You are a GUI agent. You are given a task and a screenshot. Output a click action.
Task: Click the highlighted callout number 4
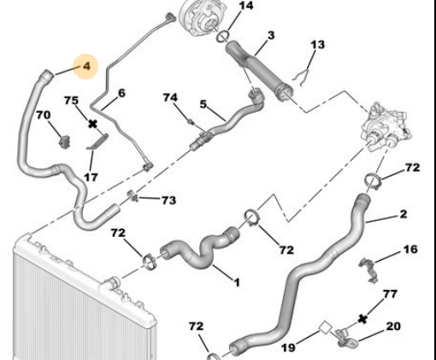[86, 67]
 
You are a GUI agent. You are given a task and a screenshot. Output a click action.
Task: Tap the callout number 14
[246, 5]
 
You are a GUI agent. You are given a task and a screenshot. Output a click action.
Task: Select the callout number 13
[317, 44]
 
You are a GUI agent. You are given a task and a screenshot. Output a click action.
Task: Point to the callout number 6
[121, 93]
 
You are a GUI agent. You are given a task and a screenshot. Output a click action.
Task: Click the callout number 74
[170, 97]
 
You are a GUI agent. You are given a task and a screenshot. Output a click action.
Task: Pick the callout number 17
[91, 177]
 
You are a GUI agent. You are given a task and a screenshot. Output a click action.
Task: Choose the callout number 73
[168, 200]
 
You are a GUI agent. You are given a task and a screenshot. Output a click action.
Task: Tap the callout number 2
[404, 214]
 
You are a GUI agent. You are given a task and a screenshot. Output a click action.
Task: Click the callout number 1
[237, 282]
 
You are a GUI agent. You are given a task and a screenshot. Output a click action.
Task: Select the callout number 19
[288, 348]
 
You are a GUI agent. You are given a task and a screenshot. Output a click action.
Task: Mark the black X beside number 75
[92, 124]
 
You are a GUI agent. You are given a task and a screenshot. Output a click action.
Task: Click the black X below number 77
[362, 319]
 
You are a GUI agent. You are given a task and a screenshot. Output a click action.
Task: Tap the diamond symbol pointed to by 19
[325, 328]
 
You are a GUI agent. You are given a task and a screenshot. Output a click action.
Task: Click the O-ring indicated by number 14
[223, 37]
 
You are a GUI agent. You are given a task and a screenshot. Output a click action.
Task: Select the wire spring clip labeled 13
[301, 76]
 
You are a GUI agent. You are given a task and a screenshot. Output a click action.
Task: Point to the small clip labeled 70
[65, 142]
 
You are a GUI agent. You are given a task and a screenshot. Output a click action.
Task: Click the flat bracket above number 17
[97, 141]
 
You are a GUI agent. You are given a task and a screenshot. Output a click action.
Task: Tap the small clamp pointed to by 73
[133, 196]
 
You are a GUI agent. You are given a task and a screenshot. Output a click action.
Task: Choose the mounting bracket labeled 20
[346, 338]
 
